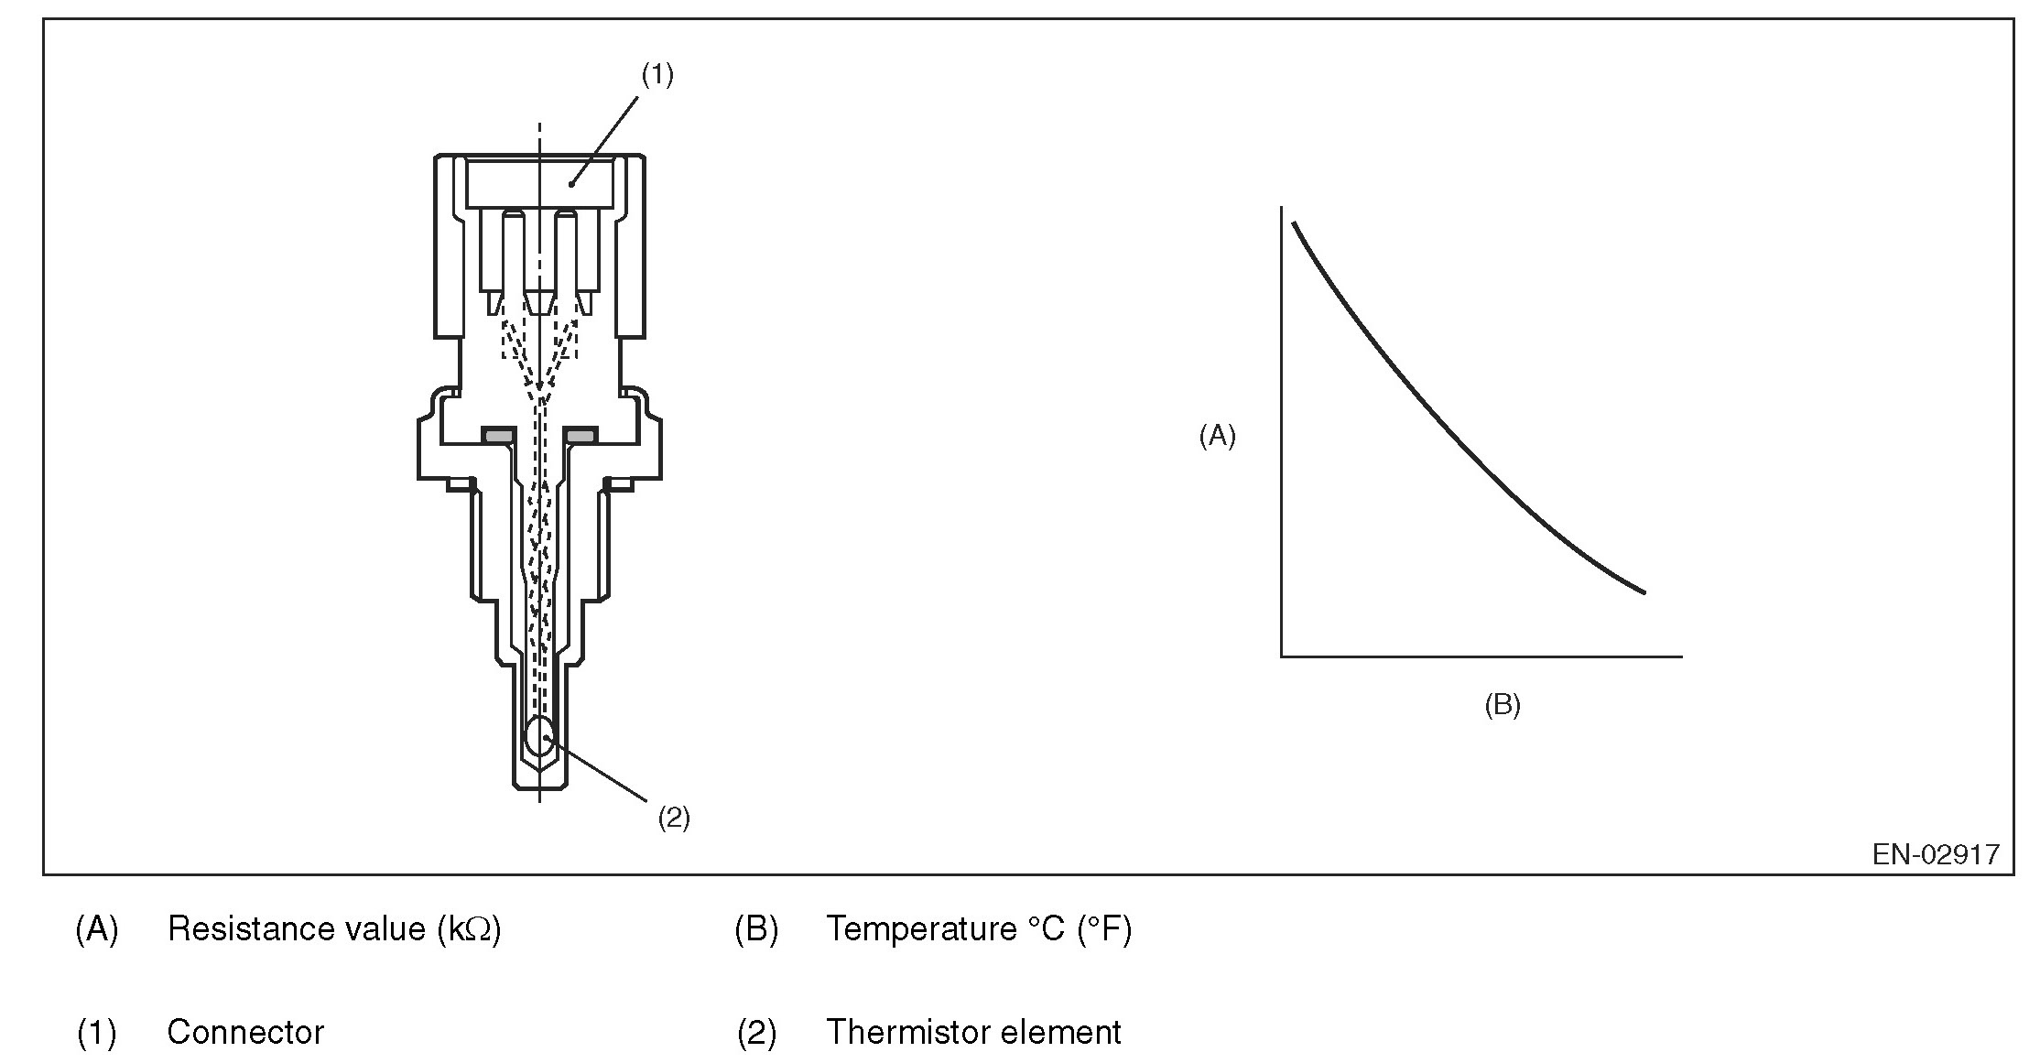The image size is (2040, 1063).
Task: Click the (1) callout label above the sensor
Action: tap(656, 75)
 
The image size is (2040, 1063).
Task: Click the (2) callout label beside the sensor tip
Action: tap(674, 818)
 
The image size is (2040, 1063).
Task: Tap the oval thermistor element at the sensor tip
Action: tap(540, 735)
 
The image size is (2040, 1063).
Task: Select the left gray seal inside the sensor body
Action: tap(498, 435)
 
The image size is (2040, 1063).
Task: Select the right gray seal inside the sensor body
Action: tap(581, 435)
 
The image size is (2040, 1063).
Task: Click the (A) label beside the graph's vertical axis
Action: tap(1217, 437)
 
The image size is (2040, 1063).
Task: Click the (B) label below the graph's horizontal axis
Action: tap(1502, 705)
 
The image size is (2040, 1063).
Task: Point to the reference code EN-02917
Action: tap(1936, 854)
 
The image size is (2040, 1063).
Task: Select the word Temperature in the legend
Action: tap(921, 928)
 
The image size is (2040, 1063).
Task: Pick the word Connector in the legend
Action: tap(245, 1032)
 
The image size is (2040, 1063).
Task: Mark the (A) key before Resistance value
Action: tap(97, 929)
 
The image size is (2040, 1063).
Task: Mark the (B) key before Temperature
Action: tap(756, 929)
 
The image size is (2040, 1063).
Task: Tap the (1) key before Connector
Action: tap(97, 1033)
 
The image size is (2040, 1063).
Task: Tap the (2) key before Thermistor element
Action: tap(756, 1033)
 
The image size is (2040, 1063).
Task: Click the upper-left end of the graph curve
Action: tap(1294, 223)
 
